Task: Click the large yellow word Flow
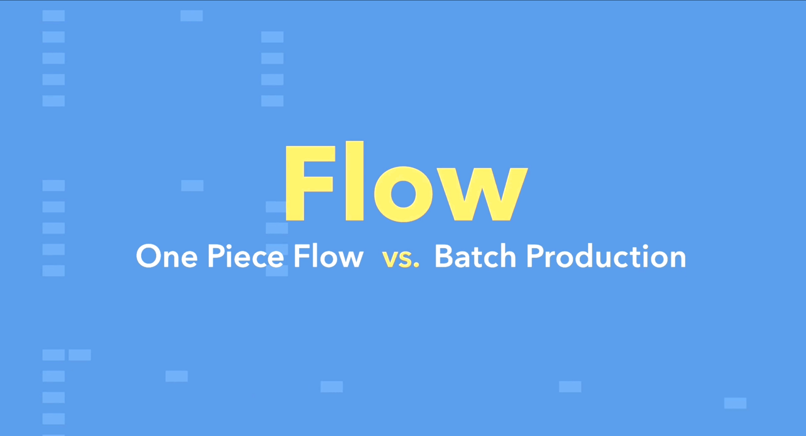[407, 181]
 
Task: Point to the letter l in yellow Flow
[355, 181]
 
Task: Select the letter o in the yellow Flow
[403, 194]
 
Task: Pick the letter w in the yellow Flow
[481, 194]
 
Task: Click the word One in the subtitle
[167, 256]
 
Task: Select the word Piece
[245, 256]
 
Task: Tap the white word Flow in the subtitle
[328, 256]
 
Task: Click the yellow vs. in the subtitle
[400, 259]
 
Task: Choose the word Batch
[476, 256]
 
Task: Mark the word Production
[607, 256]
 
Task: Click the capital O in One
[148, 256]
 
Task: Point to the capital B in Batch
[445, 256]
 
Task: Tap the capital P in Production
[535, 256]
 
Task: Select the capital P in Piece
[216, 256]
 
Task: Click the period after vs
[416, 265]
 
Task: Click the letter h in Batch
[508, 256]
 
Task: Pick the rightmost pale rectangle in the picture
[735, 403]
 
